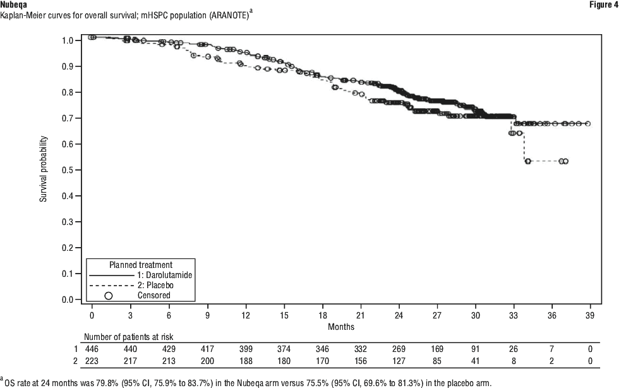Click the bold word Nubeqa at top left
[14, 4]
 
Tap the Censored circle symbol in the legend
[108, 294]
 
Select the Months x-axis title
[341, 327]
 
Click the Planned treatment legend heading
[141, 264]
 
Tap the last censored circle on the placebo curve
[565, 161]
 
